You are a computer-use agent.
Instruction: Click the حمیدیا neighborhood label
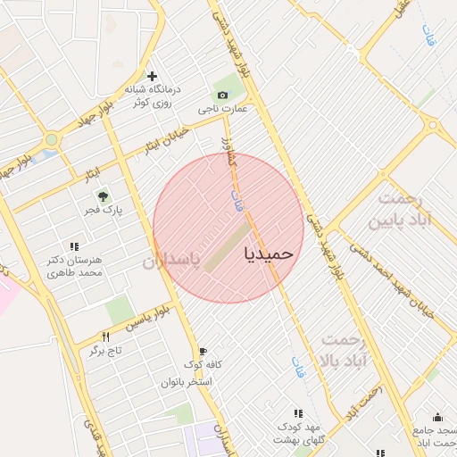tap(268, 253)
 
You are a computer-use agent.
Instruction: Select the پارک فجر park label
tap(104, 211)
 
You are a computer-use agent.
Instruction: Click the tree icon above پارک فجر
tap(104, 195)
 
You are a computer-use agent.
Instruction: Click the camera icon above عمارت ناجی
tap(221, 95)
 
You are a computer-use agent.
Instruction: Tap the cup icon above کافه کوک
tap(203, 351)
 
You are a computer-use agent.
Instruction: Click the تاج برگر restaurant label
tap(104, 351)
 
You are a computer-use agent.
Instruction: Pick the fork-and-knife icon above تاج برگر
tap(105, 337)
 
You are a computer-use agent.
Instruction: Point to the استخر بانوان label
tap(186, 382)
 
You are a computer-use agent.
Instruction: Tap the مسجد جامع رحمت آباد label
tap(435, 436)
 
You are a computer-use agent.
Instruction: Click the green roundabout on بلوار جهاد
tap(51, 139)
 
